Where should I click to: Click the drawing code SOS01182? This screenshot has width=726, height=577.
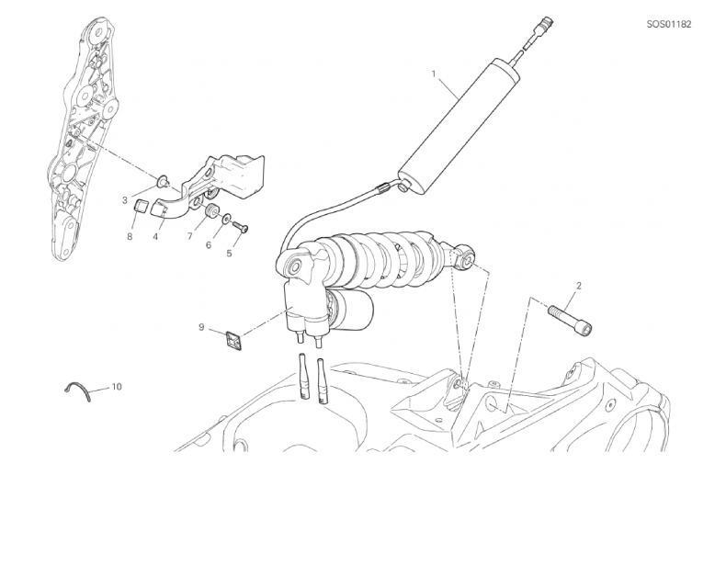tap(669, 24)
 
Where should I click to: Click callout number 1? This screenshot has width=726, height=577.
tap(434, 74)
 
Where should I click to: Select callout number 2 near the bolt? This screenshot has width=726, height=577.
tap(578, 286)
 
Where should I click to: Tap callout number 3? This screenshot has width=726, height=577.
tap(125, 200)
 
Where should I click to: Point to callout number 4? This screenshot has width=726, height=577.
tap(155, 237)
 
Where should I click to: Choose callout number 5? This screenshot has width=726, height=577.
tap(229, 254)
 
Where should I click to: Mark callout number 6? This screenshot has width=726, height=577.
tap(209, 244)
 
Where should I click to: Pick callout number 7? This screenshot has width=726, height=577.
tap(190, 237)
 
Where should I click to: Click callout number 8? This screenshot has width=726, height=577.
tap(130, 237)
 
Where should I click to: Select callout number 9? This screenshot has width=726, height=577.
tap(201, 327)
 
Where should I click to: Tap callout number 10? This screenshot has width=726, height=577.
tap(117, 386)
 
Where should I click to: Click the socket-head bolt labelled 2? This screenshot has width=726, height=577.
tap(571, 320)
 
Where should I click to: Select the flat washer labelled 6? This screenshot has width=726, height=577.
tap(226, 219)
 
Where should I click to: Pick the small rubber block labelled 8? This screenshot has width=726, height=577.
tap(141, 204)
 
